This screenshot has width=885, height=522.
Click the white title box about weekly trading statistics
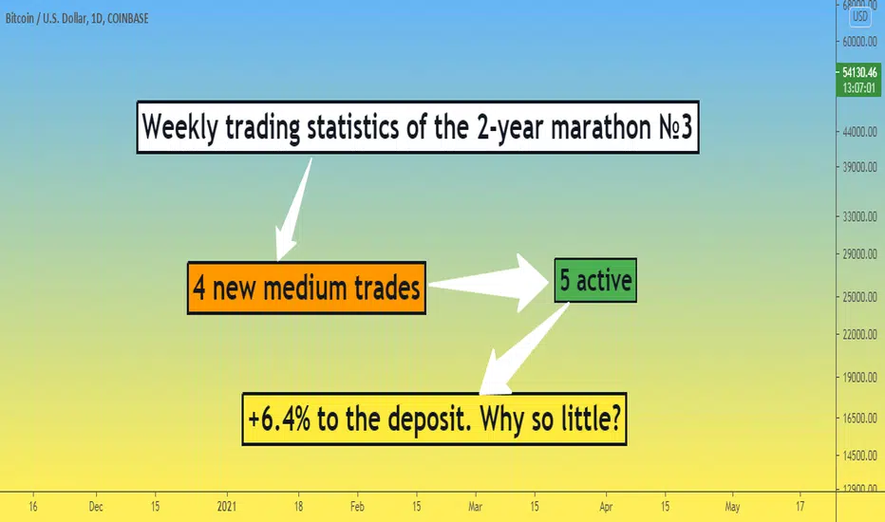click(418, 127)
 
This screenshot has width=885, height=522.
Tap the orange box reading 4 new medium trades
click(307, 288)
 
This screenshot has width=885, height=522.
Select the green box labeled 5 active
click(595, 281)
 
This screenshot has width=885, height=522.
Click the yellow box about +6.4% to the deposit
click(434, 419)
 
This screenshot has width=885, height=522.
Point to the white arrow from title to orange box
click(293, 209)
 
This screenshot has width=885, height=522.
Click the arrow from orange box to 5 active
click(488, 283)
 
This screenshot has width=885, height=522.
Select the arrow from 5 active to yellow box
click(522, 350)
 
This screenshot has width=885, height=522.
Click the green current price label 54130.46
click(859, 80)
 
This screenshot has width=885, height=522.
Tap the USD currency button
click(859, 16)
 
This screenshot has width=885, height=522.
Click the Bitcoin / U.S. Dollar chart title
click(77, 19)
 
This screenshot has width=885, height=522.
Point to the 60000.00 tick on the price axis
click(859, 42)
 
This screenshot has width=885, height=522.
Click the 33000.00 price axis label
click(859, 216)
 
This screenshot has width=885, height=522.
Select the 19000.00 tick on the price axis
click(859, 378)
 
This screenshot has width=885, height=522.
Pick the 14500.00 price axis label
click(859, 456)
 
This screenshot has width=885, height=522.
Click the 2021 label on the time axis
click(226, 507)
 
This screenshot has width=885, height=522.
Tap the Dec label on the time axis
click(96, 507)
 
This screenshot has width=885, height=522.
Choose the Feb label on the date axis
click(357, 507)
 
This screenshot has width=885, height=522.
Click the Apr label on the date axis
click(606, 507)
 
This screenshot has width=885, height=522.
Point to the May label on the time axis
click(732, 507)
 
